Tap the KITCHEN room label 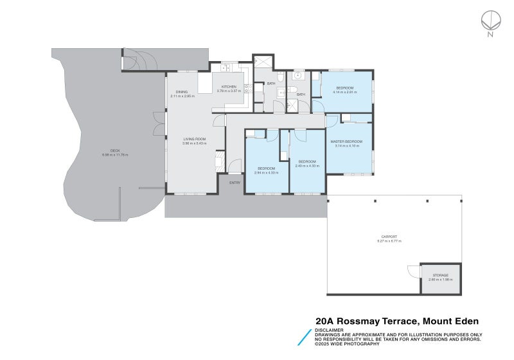(x=229, y=87)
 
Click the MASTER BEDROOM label (x=347, y=141)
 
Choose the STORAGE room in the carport (x=441, y=278)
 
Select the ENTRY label (x=235, y=183)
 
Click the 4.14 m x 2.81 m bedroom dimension (x=344, y=92)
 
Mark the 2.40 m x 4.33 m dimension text (x=306, y=166)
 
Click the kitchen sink (x=226, y=67)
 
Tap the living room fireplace (x=219, y=159)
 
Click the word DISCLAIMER (x=329, y=330)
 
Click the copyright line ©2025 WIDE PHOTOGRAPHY (x=347, y=344)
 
